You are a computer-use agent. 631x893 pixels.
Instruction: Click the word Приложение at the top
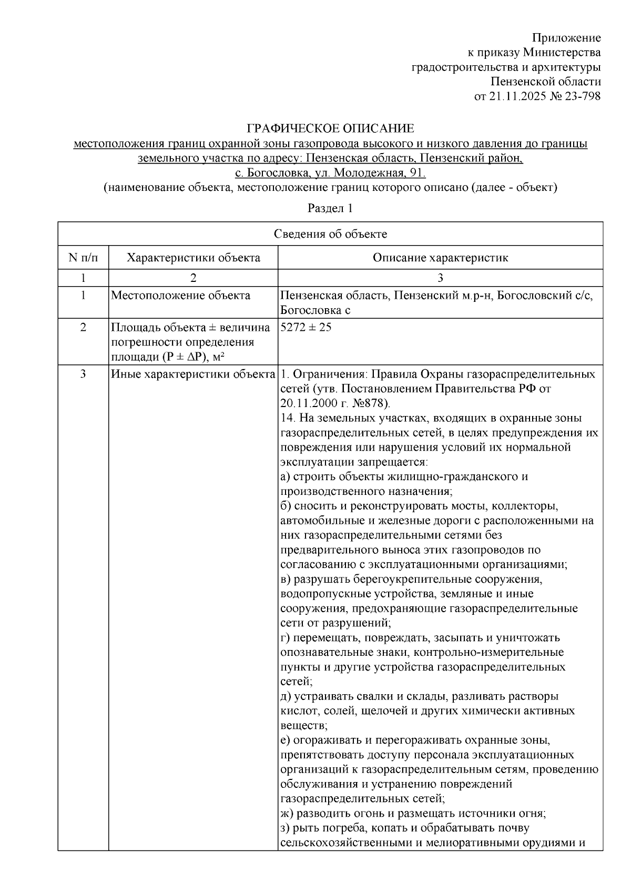pyautogui.click(x=566, y=38)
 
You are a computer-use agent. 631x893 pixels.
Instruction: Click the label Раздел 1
pyautogui.click(x=330, y=208)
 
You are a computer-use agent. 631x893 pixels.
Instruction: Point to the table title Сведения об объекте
pyautogui.click(x=330, y=234)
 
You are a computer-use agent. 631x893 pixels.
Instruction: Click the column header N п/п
pyautogui.click(x=83, y=258)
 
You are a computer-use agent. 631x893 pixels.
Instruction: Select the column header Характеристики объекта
pyautogui.click(x=194, y=258)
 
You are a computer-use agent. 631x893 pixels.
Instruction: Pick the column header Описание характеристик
pyautogui.click(x=440, y=258)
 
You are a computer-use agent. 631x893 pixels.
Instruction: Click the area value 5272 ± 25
pyautogui.click(x=307, y=327)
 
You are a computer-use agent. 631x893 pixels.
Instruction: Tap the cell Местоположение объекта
pyautogui.click(x=180, y=296)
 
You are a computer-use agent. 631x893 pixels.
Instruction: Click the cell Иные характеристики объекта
pyautogui.click(x=193, y=374)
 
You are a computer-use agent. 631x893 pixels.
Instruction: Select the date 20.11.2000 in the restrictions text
pyautogui.click(x=307, y=403)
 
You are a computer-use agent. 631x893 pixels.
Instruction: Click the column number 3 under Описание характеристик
pyautogui.click(x=440, y=278)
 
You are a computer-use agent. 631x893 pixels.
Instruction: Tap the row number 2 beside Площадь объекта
pyautogui.click(x=83, y=327)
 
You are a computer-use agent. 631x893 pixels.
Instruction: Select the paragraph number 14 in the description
pyautogui.click(x=287, y=418)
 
